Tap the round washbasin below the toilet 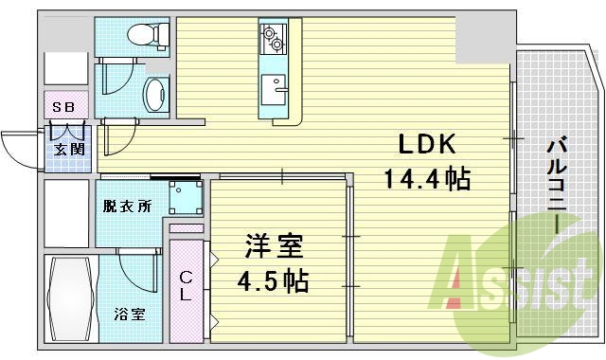[x=154, y=93]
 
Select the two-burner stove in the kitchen [x=273, y=39]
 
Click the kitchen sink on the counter [x=278, y=90]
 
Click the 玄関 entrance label [x=65, y=148]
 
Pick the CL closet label [x=187, y=285]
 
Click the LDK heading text [x=426, y=144]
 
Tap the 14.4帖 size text [x=427, y=177]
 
